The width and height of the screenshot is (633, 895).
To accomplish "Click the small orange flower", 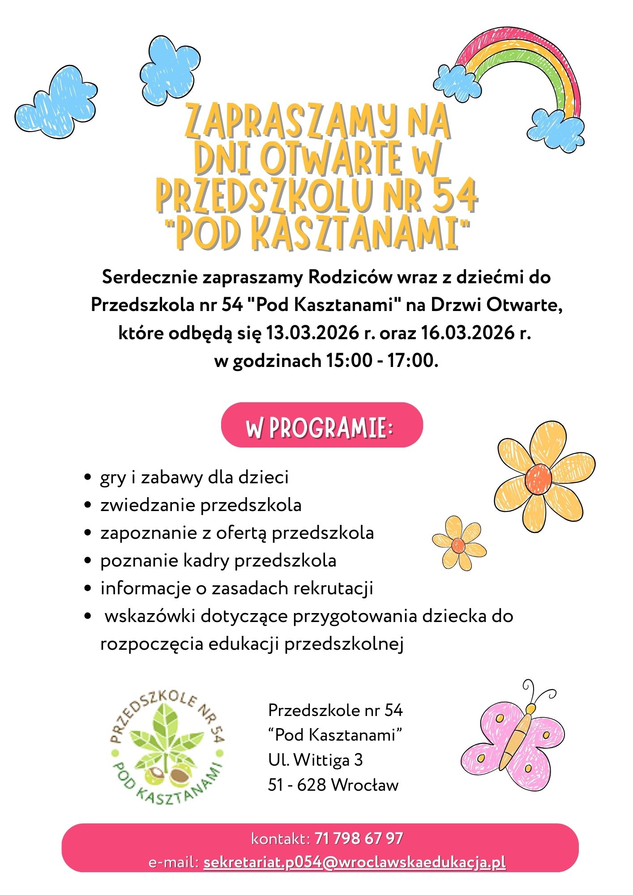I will pos(459,543).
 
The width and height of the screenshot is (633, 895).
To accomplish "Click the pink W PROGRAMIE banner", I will pos(321,425).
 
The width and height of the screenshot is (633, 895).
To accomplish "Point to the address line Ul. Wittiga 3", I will pos(316,760).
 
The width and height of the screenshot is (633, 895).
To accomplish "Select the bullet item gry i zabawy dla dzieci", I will pos(194,477).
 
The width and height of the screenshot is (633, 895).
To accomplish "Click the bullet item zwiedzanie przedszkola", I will pos(201,505).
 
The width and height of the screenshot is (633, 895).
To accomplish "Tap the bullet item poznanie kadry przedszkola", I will pos(218,561).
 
